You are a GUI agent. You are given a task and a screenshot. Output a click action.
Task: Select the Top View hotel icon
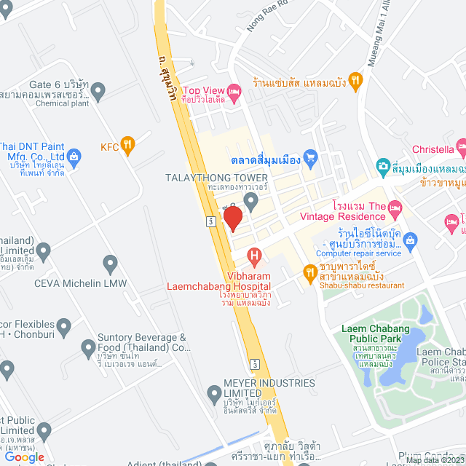tap(234, 92)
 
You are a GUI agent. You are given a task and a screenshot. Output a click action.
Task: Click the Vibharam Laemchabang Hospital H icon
tap(254, 256)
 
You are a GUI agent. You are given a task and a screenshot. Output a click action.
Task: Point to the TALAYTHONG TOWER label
tap(227, 178)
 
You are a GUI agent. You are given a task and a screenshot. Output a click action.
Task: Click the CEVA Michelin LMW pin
tap(111, 263)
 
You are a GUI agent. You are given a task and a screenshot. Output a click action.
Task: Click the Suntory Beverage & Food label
tap(143, 343)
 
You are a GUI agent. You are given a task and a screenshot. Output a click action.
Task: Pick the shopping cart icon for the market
tap(311, 156)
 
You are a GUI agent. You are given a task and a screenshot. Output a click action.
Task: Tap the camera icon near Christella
tap(383, 167)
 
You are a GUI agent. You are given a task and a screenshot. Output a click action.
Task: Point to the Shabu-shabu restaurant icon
tap(309, 272)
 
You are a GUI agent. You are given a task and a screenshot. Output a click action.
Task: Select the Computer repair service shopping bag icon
tap(409, 239)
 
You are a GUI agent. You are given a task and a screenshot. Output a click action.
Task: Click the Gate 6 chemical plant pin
tap(98, 91)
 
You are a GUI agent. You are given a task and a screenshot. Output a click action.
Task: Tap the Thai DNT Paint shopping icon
tap(74, 156)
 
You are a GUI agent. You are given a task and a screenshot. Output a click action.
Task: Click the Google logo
tap(24, 457)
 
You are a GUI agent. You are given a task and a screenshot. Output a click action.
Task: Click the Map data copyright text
tap(434, 460)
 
